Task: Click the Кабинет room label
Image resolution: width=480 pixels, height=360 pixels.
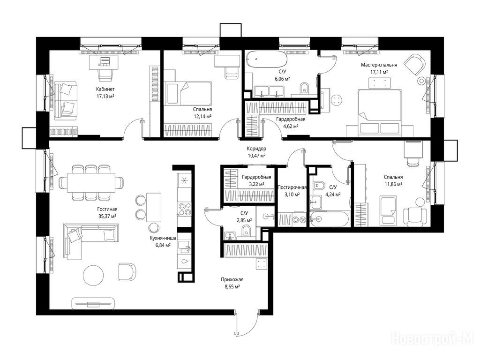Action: point(105,90)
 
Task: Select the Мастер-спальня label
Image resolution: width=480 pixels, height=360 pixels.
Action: point(379,65)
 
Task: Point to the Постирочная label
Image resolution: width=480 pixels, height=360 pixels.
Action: point(292,187)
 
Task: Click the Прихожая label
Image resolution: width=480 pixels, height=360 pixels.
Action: point(232,279)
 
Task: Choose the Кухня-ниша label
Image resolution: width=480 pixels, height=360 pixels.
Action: point(160,238)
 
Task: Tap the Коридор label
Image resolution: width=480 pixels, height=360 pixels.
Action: point(256,149)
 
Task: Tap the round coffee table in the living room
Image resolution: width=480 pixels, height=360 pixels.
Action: point(93,275)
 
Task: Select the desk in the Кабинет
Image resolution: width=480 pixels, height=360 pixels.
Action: point(104,62)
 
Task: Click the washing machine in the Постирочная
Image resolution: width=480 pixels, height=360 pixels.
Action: point(299,219)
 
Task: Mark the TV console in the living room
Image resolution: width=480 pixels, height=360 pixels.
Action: point(93,303)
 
